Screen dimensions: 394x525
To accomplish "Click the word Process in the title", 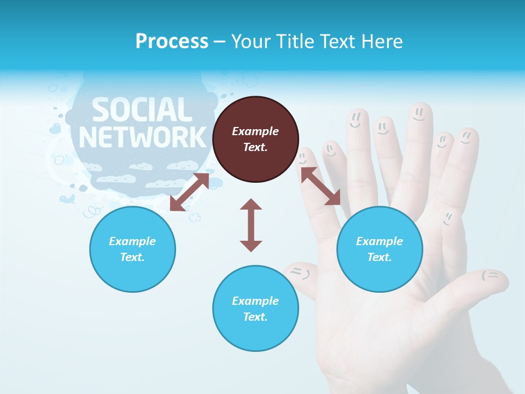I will pos(172,42).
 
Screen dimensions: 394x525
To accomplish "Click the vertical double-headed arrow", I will pos(251,225).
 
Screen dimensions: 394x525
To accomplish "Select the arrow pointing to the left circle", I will pos(189,192).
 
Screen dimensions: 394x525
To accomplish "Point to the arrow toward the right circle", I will pos(320,186).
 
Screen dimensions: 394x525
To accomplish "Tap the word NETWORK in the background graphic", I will pos(143,137).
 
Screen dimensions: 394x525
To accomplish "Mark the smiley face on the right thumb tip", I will pos(491,275).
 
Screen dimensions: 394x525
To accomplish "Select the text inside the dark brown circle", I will pos(255,139).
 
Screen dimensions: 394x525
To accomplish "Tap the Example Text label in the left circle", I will pos(132,249).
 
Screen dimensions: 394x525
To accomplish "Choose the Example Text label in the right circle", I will pos(380,249).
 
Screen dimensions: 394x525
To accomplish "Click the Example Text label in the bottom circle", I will pos(255,309).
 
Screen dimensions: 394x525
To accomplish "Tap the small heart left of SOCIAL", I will pos(55,129).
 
